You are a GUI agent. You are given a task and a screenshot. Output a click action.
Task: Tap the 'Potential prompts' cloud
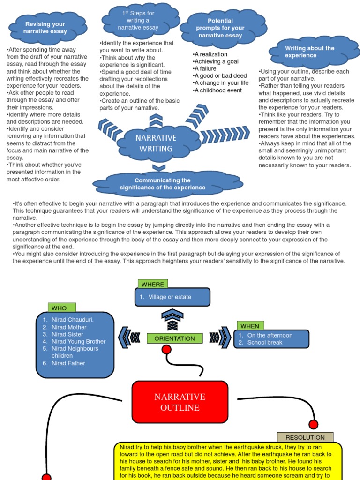point(220,28)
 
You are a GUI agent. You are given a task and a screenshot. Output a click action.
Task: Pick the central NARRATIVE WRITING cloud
point(156,143)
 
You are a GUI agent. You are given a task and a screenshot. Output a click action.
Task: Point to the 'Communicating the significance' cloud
point(163,184)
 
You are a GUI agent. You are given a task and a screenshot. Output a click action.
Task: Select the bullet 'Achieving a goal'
point(216,61)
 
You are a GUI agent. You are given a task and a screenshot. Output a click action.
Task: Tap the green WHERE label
point(153,284)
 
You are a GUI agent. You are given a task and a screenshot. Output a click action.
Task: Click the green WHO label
point(59,308)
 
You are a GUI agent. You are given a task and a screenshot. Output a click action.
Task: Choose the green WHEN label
point(249,326)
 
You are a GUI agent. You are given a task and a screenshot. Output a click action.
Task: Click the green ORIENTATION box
point(175,338)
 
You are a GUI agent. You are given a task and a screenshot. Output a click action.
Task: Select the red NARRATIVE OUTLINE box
point(180,402)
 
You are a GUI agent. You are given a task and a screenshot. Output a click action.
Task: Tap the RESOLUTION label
point(305,437)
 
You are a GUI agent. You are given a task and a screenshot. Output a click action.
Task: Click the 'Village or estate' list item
point(170,297)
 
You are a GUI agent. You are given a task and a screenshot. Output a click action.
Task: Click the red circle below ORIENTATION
point(166,349)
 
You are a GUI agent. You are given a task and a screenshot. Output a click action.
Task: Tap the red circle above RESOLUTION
point(313,424)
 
